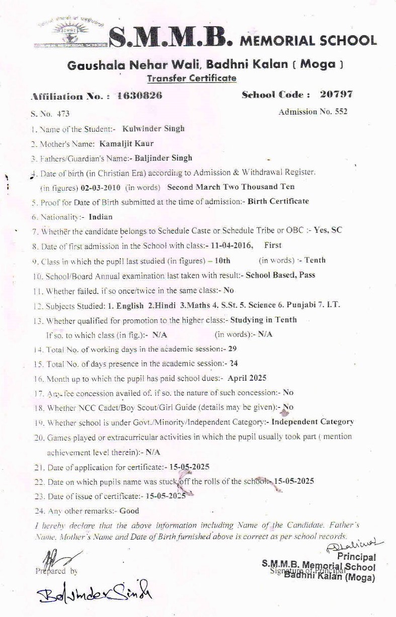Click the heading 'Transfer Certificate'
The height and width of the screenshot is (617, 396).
pyautogui.click(x=191, y=78)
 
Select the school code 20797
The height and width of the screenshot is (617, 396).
pyautogui.click(x=336, y=95)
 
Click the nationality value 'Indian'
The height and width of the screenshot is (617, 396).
pyautogui.click(x=101, y=217)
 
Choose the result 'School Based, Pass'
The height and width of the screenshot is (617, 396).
pyautogui.click(x=280, y=275)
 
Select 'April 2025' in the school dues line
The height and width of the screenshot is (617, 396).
pyautogui.click(x=247, y=377)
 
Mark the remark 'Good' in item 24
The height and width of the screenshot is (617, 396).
pyautogui.click(x=129, y=511)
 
